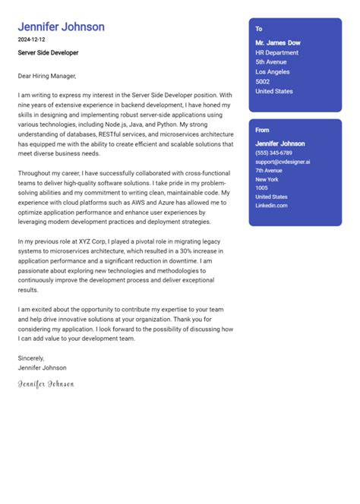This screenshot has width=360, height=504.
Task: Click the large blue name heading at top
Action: coord(61,27)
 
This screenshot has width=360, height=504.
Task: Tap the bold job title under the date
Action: coord(48,53)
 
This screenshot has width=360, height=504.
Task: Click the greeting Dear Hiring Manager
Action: coord(47,76)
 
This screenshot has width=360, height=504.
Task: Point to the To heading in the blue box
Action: coord(259,28)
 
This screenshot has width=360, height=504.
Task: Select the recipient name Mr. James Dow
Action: coord(279,43)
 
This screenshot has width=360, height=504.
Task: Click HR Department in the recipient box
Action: coord(276,53)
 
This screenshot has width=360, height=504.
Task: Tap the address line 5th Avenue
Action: coord(270,62)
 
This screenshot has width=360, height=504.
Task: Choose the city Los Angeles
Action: coord(273,72)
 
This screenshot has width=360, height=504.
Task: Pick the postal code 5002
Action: coord(263,82)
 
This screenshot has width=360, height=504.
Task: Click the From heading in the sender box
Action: coord(262,130)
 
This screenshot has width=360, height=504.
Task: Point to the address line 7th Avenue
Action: coord(269,170)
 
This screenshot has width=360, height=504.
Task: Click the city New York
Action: coord(267,178)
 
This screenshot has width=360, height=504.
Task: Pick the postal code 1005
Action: coord(261,187)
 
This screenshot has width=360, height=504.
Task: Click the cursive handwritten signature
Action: coord(46,384)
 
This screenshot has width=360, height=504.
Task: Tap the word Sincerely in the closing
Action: coord(31,358)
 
